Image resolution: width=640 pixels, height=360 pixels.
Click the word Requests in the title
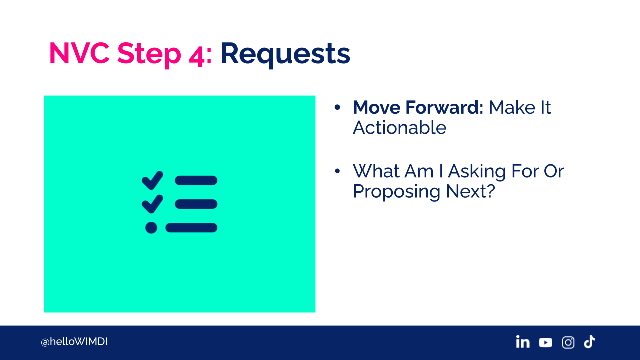285,54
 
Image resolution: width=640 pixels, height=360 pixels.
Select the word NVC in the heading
79,53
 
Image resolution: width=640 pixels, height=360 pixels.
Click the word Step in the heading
149,55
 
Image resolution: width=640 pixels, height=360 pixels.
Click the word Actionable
399,127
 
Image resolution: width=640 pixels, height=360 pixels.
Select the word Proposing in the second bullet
397,192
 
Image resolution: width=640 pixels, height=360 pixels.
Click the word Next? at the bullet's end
470,191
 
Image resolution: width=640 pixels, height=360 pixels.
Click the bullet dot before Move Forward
337,107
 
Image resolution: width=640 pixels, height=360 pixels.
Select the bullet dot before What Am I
337,171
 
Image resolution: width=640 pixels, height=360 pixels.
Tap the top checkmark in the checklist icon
152,180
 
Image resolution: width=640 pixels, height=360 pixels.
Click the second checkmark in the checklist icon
152,204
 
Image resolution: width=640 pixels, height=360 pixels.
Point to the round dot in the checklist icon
151,228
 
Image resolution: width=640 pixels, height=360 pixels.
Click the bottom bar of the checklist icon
191,228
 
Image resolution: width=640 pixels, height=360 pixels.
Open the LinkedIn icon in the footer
523,342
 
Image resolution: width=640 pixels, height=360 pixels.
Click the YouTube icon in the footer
545,342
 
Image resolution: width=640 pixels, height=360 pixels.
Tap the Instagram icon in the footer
568,342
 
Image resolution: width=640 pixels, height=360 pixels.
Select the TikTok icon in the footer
589,342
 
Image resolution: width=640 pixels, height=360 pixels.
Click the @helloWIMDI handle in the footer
74,342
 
